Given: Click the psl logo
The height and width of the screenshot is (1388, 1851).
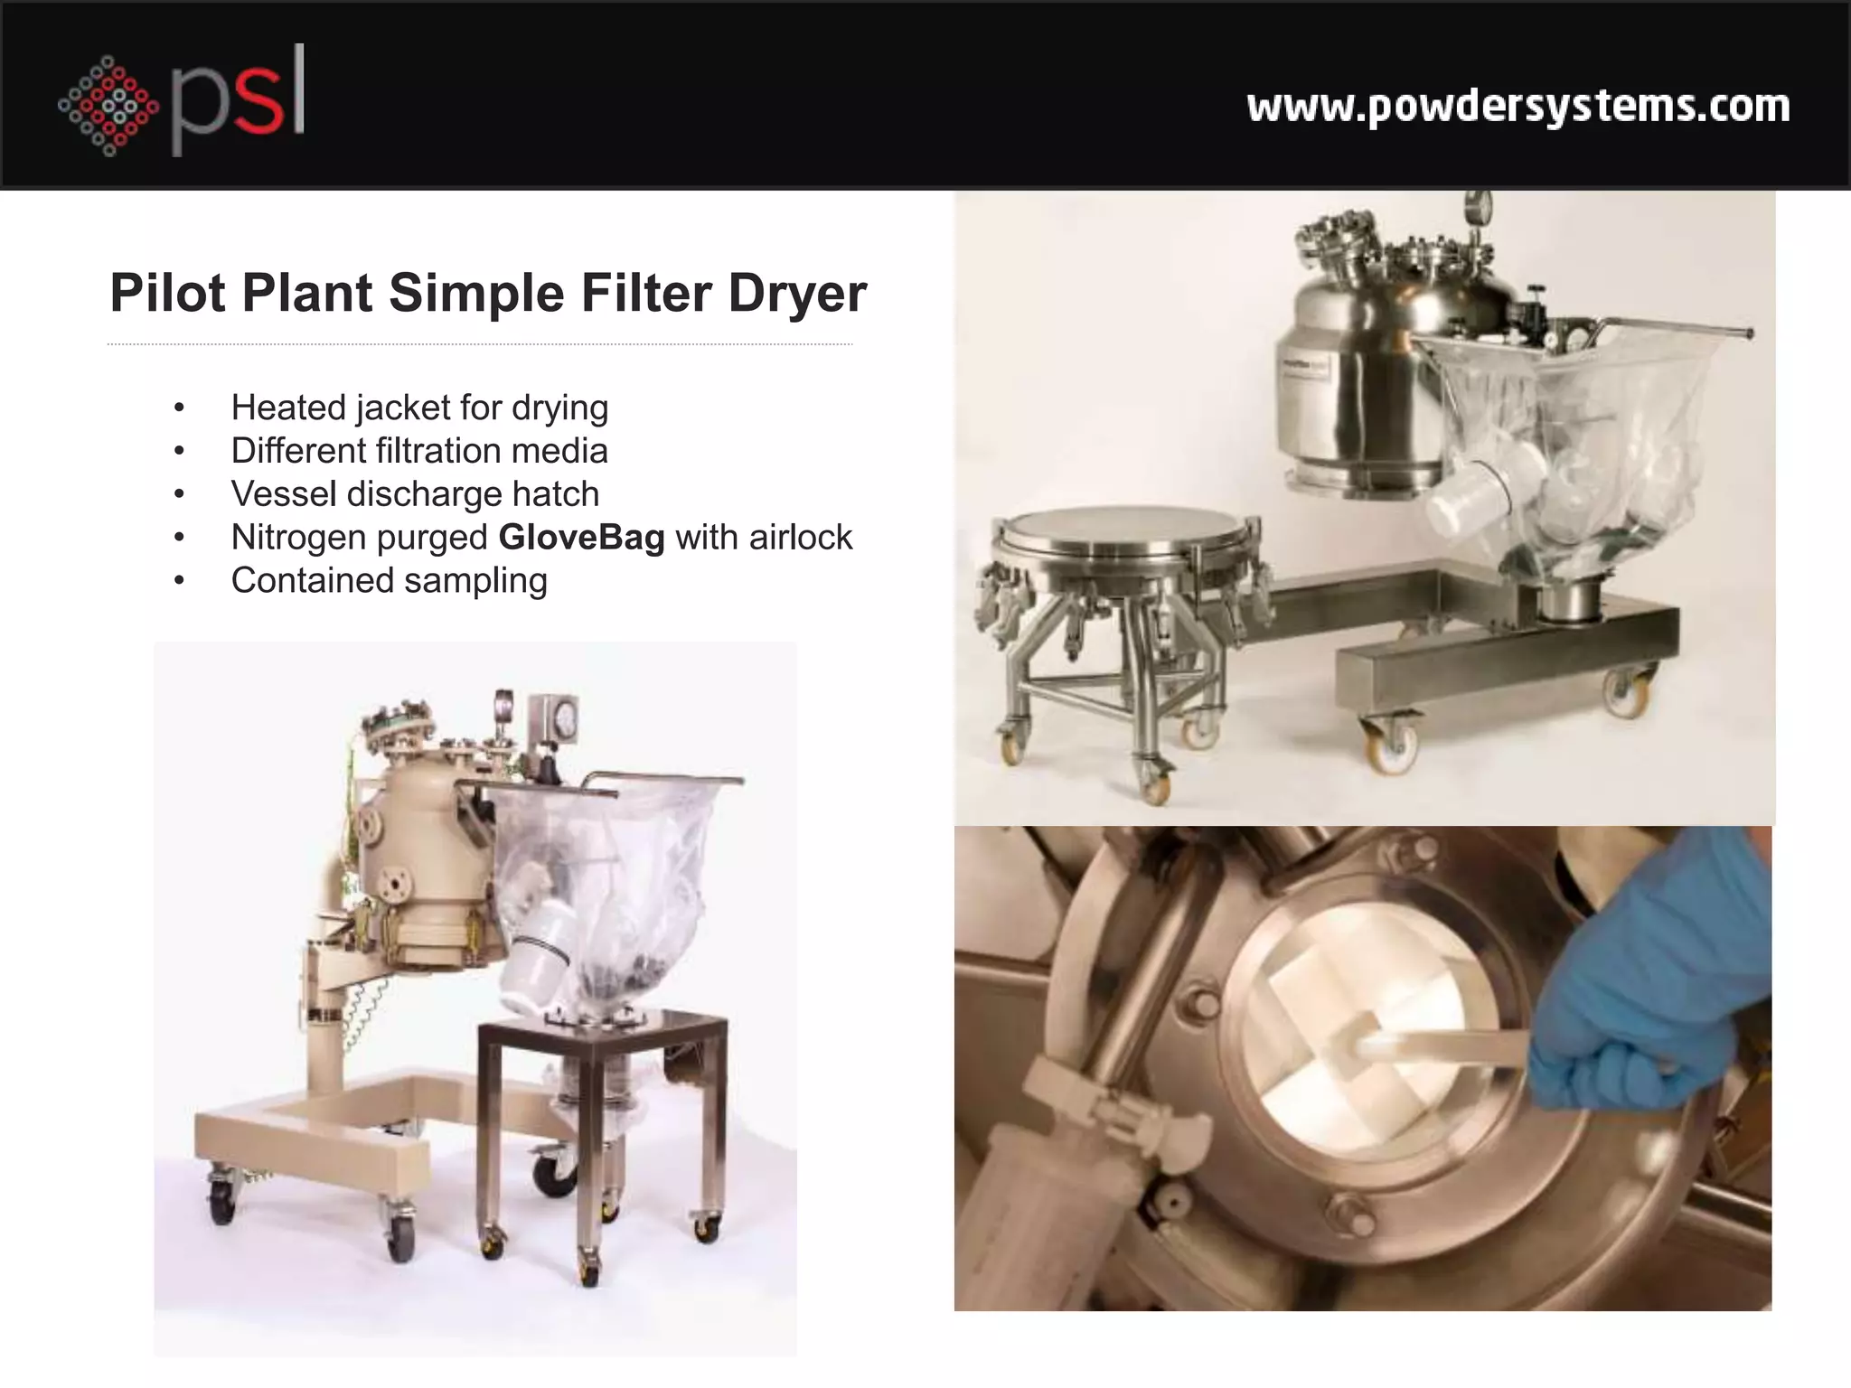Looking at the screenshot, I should (181, 101).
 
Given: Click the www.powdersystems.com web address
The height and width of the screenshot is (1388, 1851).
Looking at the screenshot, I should (1517, 107).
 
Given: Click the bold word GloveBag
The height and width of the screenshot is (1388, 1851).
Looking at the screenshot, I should (581, 538).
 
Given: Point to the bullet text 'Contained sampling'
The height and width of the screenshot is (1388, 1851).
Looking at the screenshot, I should (389, 580).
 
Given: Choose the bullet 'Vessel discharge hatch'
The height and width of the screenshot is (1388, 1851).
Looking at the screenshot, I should (415, 494).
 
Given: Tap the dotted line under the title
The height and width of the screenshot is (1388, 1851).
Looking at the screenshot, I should (479, 344).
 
